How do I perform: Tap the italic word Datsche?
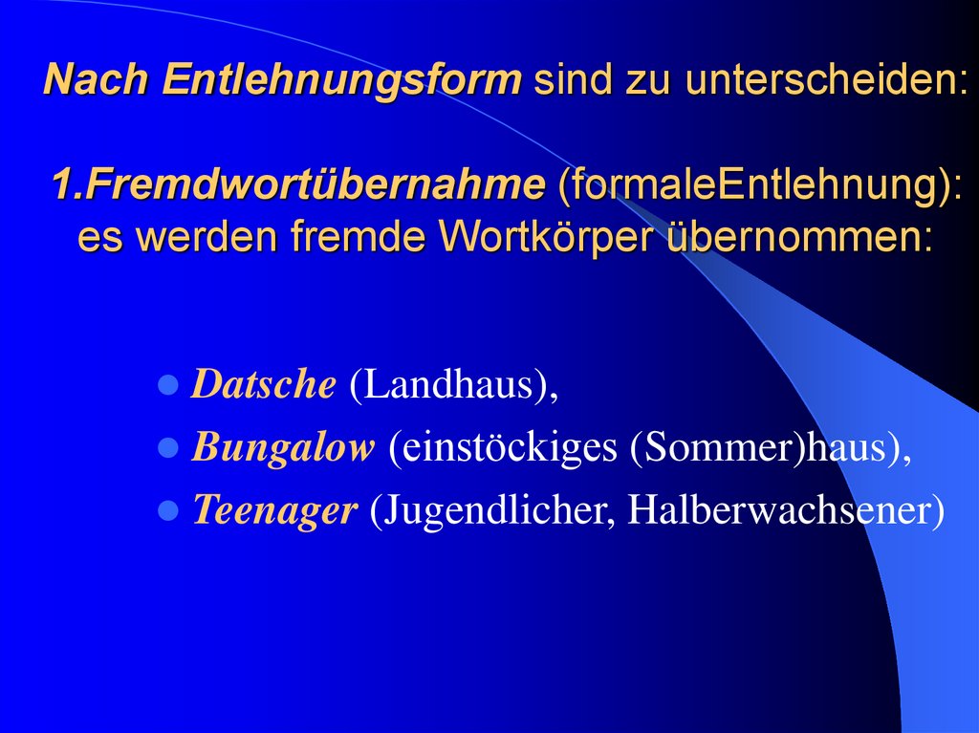coord(264,384)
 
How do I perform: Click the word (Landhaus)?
coord(452,384)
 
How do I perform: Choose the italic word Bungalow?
coord(283,447)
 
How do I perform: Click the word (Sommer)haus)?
coord(771,447)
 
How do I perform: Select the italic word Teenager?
coord(274,510)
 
